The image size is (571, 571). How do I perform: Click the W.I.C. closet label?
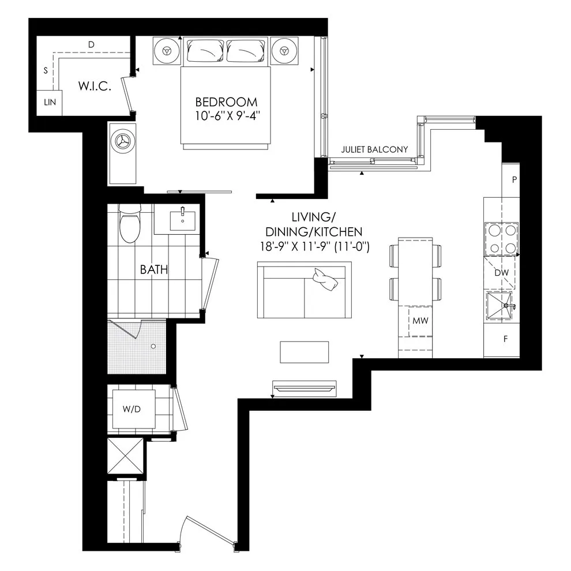pos(95,87)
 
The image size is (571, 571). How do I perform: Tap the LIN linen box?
pos(49,103)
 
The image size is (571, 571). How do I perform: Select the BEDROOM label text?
pos(226,102)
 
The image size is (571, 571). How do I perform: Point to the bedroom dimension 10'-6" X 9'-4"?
pos(228,116)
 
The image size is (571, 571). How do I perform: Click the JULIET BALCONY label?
pos(374,149)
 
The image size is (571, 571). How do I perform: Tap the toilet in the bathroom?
pos(130,223)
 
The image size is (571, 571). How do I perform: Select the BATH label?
pos(154,269)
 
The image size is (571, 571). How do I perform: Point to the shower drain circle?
pos(153,346)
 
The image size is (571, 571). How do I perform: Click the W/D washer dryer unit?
pos(134,409)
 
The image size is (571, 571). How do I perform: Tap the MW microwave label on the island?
pos(420,321)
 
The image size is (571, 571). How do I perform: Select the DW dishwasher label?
pos(501,273)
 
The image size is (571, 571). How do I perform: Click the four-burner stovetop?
pos(501,239)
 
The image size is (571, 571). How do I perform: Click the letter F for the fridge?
pos(505,339)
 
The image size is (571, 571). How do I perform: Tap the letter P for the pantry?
pos(514,179)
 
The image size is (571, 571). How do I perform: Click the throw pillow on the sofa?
pos(325,279)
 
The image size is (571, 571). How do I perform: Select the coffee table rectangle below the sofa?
pos(305,352)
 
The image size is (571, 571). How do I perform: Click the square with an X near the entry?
pos(126,456)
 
